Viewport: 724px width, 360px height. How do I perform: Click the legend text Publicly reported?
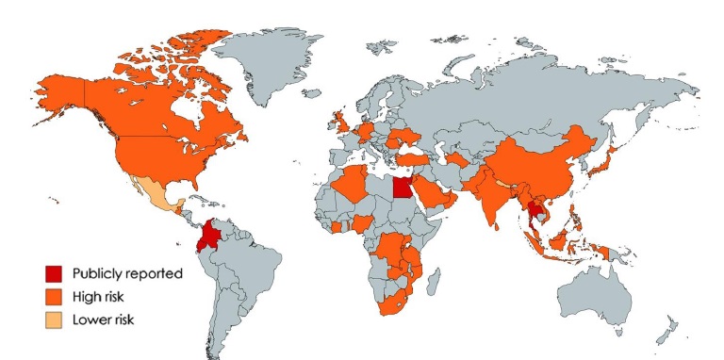126,273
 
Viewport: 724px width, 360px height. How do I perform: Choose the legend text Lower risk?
107,319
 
